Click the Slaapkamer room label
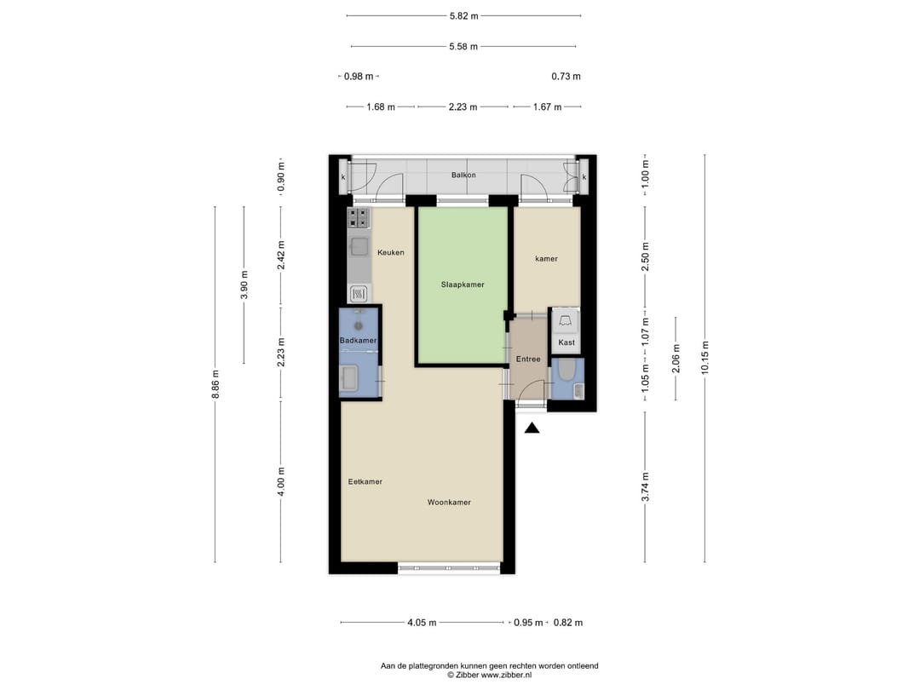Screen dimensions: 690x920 463,285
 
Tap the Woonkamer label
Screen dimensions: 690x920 449,503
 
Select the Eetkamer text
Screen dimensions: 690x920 365,482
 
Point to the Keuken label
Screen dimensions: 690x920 390,253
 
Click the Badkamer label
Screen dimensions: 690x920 358,341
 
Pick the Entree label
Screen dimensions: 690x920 528,359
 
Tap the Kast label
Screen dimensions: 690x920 566,342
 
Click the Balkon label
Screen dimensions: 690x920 463,175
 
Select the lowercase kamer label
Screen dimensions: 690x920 546,259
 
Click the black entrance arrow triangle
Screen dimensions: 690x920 532,428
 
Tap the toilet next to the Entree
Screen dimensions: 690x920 566,372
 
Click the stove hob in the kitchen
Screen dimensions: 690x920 359,218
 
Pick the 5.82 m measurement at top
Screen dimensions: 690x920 463,15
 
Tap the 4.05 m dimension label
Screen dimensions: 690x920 422,623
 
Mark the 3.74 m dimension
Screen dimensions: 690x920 645,486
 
